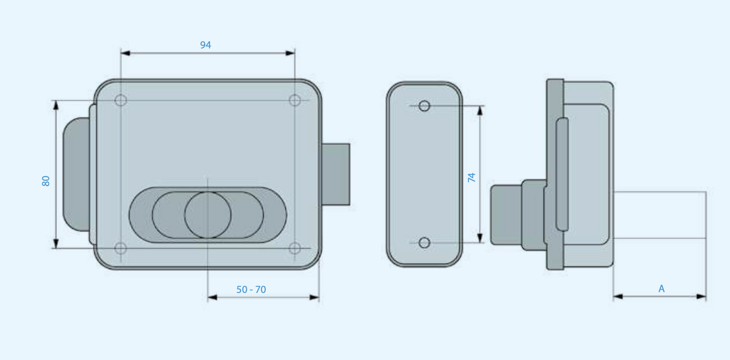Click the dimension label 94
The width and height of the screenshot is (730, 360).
[x=205, y=45]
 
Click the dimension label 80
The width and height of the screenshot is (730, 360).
[x=46, y=181]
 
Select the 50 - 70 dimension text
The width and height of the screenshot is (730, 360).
[x=251, y=289]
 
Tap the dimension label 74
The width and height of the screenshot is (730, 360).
[x=471, y=177]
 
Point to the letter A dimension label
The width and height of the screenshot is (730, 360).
[x=661, y=289]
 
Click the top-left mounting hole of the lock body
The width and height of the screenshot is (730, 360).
[x=121, y=100]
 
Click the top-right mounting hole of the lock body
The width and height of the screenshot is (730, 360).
[x=295, y=100]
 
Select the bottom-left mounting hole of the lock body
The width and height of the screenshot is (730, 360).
[x=121, y=248]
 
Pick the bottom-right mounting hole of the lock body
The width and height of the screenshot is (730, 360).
[x=295, y=248]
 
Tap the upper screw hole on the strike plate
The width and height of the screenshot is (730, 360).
[x=424, y=106]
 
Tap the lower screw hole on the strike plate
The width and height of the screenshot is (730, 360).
[x=424, y=243]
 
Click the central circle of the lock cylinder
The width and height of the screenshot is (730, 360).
[x=208, y=215]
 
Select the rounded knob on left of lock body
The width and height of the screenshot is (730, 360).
[x=75, y=174]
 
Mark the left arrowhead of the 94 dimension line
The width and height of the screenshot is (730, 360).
[x=126, y=53]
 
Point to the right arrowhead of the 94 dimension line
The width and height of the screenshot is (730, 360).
[x=290, y=53]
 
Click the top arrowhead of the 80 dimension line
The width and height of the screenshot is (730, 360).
[x=56, y=105]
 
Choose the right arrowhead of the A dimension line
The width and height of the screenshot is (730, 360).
[x=701, y=297]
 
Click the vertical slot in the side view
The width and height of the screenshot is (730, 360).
[x=562, y=174]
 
